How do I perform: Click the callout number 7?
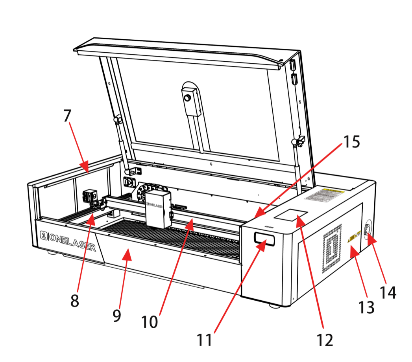click(67, 116)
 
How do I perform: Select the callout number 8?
click(74, 301)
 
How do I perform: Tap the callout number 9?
click(116, 315)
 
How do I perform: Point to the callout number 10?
click(150, 321)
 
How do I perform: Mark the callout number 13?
click(366, 307)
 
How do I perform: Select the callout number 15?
click(351, 142)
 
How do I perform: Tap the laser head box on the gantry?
click(158, 209)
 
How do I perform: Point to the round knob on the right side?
click(368, 230)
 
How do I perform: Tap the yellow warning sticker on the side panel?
click(355, 237)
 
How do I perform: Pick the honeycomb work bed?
click(173, 238)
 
